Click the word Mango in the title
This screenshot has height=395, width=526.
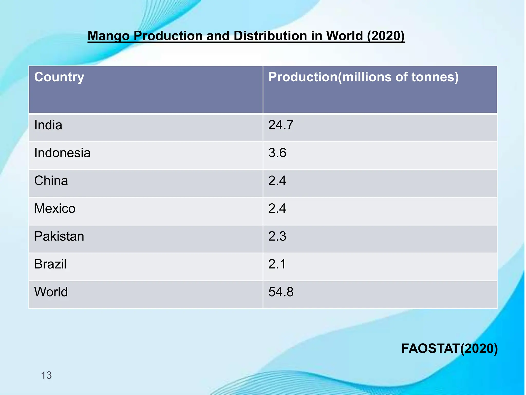108,36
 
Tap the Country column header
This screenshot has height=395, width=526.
59,77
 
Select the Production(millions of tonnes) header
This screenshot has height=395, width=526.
363,77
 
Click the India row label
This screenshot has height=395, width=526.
48,125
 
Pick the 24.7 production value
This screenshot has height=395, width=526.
281,125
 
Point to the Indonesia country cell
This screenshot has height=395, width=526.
62,153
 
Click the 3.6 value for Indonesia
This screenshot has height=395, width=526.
277,153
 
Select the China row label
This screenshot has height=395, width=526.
51,181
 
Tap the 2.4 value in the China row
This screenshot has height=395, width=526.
277,181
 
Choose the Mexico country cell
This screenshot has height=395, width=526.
55,209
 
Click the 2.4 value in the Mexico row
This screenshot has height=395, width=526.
277,209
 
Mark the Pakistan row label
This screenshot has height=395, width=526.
59,236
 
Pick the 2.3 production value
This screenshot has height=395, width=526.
277,236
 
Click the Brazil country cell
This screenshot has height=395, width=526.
50,264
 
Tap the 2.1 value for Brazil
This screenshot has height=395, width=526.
277,264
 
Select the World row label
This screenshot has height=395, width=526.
51,292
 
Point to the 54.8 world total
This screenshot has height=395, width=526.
281,292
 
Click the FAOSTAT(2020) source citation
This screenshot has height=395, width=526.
449,349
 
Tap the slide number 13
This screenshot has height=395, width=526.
46,375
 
